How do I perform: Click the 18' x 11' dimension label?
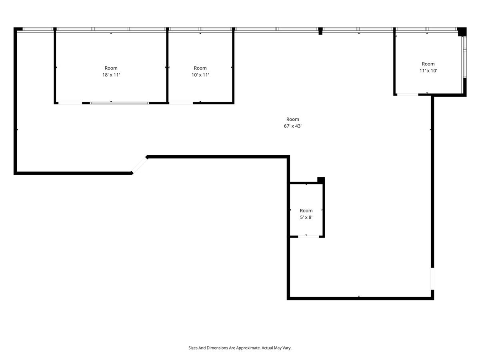(111, 75)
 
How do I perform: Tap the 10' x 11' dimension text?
(200, 75)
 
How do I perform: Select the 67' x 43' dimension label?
(292, 126)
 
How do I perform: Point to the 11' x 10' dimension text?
(428, 71)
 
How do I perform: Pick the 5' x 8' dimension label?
(306, 218)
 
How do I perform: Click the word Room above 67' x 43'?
(292, 119)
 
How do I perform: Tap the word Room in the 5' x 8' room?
(306, 211)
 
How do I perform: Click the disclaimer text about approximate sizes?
(240, 348)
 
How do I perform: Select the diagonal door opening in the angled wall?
(140, 165)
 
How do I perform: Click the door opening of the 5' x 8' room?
(308, 237)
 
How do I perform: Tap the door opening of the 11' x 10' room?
(408, 95)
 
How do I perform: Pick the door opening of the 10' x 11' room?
(181, 103)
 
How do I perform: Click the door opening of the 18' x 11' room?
(70, 103)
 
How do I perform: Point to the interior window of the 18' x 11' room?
(119, 103)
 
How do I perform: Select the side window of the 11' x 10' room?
(465, 57)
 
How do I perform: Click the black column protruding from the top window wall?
(320, 31)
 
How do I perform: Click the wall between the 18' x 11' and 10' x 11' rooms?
(167, 66)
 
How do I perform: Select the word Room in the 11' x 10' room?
(428, 64)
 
